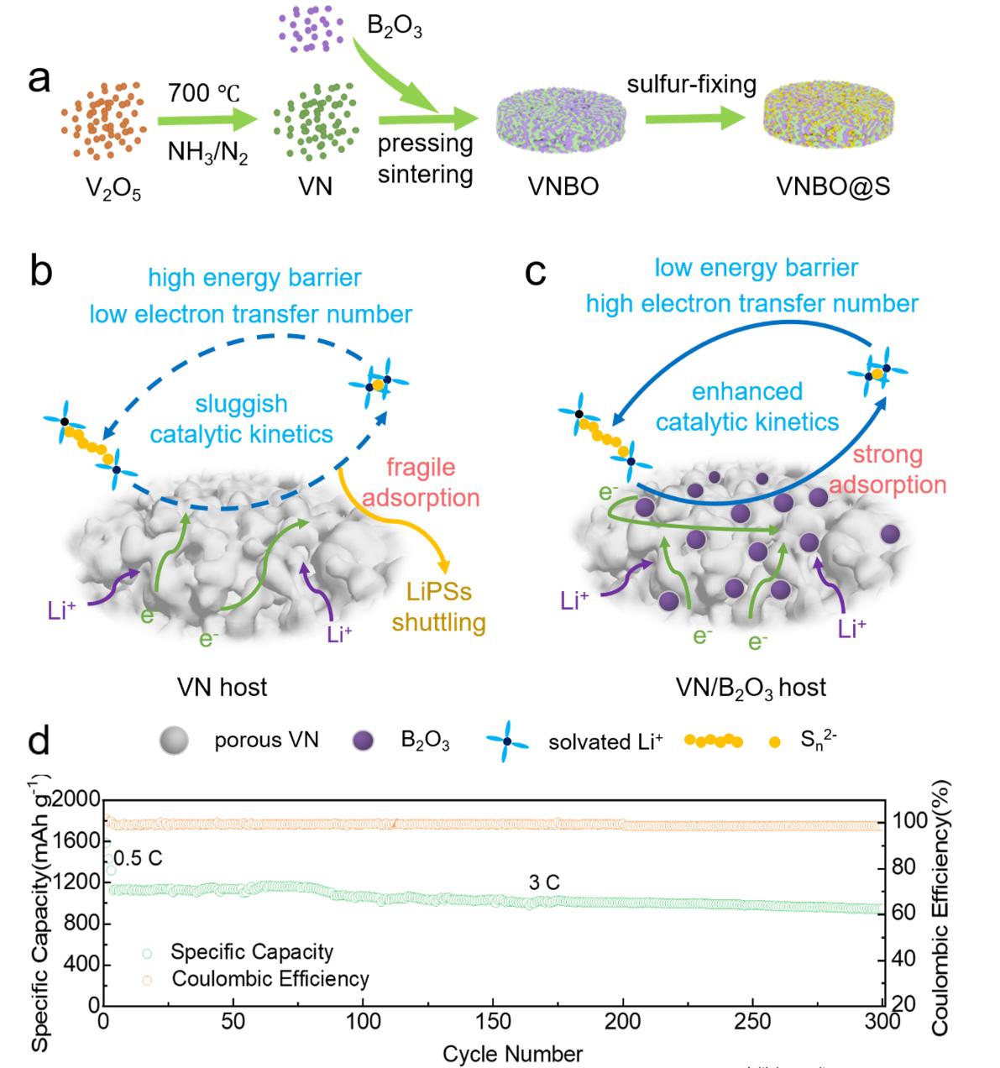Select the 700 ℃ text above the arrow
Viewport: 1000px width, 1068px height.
[x=204, y=93]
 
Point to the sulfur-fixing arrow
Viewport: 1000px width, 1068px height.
[x=695, y=120]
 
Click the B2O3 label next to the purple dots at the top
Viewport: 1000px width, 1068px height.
[x=395, y=29]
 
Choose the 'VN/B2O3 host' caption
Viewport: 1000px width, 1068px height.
[x=751, y=688]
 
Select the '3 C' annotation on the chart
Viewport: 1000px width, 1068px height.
[x=544, y=882]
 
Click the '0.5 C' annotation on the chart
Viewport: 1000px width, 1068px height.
[x=138, y=859]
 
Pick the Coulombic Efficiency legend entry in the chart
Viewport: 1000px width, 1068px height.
[x=270, y=979]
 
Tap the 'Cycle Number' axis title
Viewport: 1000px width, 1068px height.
[x=512, y=1053]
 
